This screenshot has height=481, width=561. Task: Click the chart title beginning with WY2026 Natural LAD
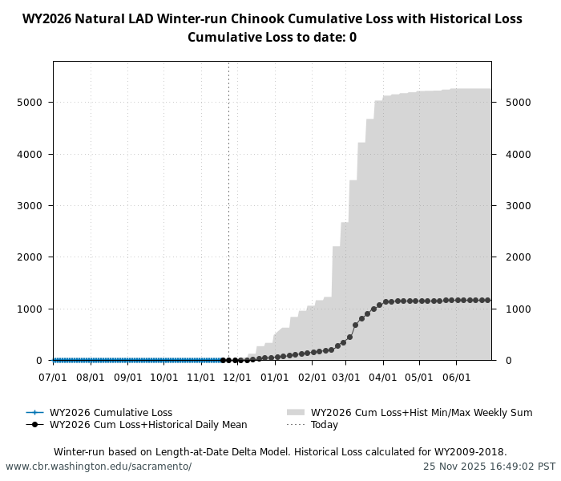pyautogui.click(x=272, y=19)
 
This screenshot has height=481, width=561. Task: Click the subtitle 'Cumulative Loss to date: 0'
pyautogui.click(x=272, y=38)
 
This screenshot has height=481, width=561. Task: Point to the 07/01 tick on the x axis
pyautogui.click(x=54, y=376)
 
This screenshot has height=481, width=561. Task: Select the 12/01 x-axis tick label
pyautogui.click(x=238, y=376)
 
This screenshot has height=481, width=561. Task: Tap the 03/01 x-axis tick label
pyautogui.click(x=346, y=376)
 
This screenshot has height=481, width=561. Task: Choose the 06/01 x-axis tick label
pyautogui.click(x=456, y=376)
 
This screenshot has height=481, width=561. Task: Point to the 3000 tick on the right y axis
pyautogui.click(x=517, y=206)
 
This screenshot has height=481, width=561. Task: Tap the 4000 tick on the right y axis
pyautogui.click(x=517, y=154)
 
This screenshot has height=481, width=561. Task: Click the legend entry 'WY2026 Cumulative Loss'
pyautogui.click(x=111, y=413)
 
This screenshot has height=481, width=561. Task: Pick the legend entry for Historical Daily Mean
pyautogui.click(x=148, y=425)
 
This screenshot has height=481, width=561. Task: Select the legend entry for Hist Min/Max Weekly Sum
pyautogui.click(x=422, y=413)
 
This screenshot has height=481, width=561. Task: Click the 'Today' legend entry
pyautogui.click(x=325, y=425)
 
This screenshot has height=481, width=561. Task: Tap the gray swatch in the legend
pyautogui.click(x=296, y=413)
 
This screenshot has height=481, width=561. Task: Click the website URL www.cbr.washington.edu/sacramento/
pyautogui.click(x=99, y=467)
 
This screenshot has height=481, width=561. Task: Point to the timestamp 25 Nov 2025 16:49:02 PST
pyautogui.click(x=489, y=467)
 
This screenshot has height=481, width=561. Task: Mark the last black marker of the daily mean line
pyautogui.click(x=487, y=301)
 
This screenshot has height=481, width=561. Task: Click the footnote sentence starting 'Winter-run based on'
pyautogui.click(x=280, y=452)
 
